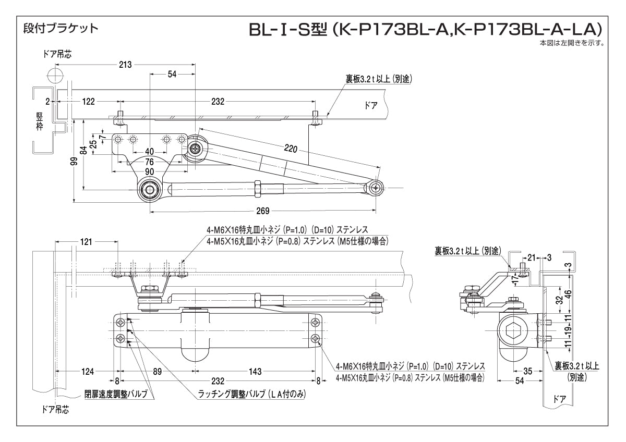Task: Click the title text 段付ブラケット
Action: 61,28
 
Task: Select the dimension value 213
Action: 125,65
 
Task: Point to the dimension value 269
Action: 263,211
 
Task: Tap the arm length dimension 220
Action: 291,150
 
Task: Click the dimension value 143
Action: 255,372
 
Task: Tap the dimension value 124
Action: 88,372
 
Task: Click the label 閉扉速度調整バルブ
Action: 116,393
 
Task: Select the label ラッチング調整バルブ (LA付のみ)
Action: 251,395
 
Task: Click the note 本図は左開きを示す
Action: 572,43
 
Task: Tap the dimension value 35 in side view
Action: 527,372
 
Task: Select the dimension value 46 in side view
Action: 569,292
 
